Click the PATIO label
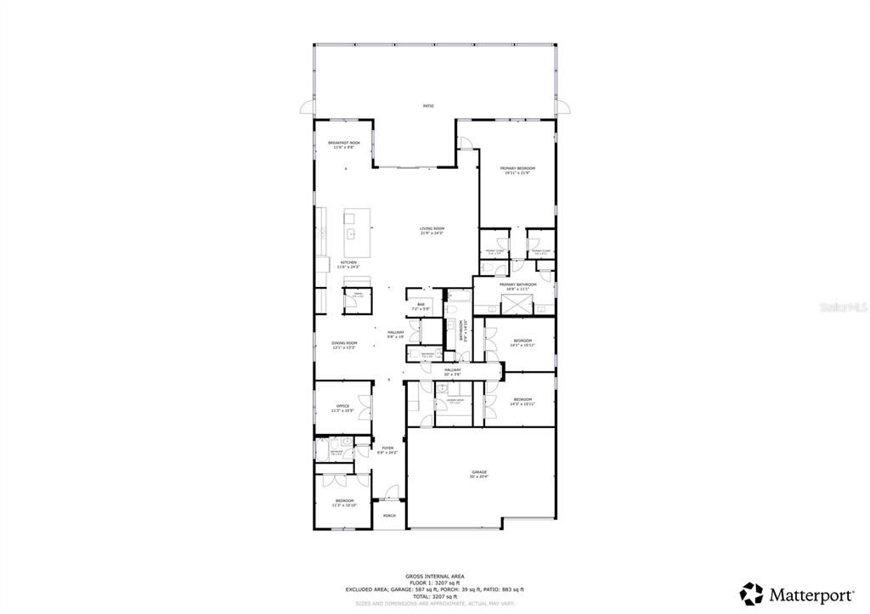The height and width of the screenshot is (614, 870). (428, 106)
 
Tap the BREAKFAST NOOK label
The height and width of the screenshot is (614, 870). (344, 143)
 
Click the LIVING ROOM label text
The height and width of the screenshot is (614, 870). (432, 228)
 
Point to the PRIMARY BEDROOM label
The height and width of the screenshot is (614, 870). (517, 169)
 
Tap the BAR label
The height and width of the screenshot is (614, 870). (420, 303)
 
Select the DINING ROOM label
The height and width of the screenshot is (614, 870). (344, 343)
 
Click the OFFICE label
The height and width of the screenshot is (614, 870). (343, 406)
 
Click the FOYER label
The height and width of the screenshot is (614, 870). (387, 448)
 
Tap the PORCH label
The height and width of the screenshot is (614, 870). (389, 515)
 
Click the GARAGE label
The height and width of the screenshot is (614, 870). (479, 472)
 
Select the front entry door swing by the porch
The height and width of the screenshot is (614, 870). (391, 493)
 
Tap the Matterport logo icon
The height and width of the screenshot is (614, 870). (750, 593)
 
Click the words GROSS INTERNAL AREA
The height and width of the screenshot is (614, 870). (434, 576)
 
